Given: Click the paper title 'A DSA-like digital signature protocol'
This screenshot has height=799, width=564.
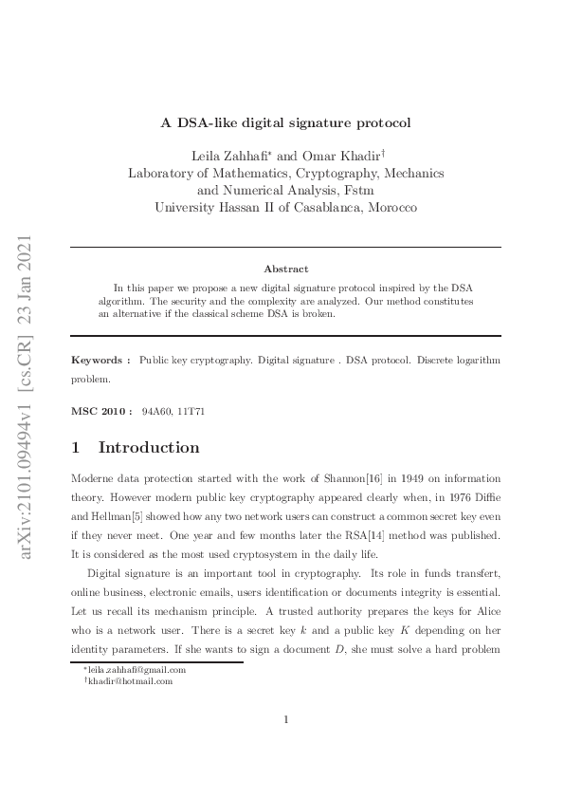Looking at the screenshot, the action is point(285,121).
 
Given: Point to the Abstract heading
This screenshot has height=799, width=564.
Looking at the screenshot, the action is point(285,269).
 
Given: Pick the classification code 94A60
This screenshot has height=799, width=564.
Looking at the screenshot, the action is point(155,412).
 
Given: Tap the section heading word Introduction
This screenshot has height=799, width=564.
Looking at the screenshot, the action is point(149,448).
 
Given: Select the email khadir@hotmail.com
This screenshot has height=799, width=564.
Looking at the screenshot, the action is point(131,680).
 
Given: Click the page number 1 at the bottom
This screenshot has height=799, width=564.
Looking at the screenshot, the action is point(285,719).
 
